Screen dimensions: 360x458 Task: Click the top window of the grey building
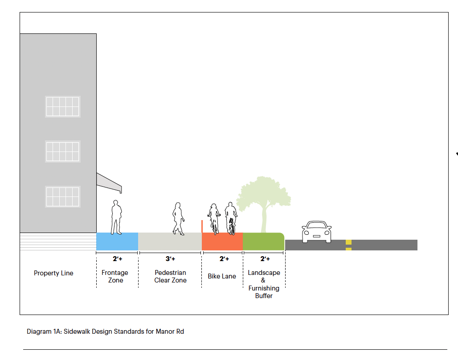(x=62, y=106)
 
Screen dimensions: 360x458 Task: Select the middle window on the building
(x=62, y=151)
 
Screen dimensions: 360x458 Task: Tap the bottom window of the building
(x=62, y=196)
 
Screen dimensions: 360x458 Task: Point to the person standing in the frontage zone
(x=116, y=217)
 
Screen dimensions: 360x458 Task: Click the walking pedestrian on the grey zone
(x=178, y=218)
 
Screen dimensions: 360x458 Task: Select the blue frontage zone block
(x=117, y=241)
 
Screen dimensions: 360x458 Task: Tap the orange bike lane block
(x=222, y=241)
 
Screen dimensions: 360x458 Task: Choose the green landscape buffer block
(x=263, y=241)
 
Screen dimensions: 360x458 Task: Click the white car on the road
(x=316, y=232)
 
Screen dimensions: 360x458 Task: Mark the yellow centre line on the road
(x=348, y=245)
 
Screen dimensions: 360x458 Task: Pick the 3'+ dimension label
(x=170, y=259)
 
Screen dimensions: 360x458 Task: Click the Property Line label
(x=53, y=273)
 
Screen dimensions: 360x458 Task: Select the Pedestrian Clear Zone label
(x=170, y=276)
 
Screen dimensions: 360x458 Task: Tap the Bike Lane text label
(x=222, y=276)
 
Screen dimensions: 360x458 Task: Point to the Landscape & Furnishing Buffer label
(x=264, y=284)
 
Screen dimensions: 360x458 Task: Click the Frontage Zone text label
(x=115, y=276)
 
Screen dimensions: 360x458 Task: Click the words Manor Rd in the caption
(x=171, y=331)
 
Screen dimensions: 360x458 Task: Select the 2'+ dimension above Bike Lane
(x=224, y=259)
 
